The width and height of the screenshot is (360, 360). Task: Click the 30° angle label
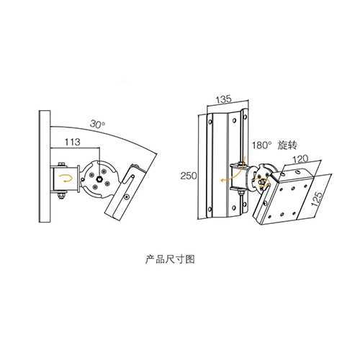tap(98, 125)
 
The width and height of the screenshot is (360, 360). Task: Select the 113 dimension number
tap(72, 142)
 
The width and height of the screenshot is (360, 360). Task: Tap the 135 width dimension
tap(223, 99)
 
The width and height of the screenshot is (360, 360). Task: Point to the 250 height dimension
tap(189, 176)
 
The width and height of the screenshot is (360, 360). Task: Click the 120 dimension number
tap(300, 159)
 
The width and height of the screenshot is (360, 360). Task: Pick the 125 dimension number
tap(317, 199)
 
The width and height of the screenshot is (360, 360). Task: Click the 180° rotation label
tap(261, 145)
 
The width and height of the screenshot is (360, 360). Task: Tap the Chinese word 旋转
tap(287, 145)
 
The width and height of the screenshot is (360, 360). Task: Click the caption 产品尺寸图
tap(170, 259)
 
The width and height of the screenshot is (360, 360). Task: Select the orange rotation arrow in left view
tap(66, 179)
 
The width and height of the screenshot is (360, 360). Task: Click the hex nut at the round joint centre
tap(99, 179)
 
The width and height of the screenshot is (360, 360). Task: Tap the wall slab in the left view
tap(45, 166)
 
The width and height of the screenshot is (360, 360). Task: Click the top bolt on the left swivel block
tap(62, 164)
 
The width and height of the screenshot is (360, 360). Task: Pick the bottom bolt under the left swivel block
tap(62, 195)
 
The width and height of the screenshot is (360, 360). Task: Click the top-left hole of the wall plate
tap(210, 122)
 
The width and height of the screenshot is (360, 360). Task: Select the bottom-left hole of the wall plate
tap(210, 209)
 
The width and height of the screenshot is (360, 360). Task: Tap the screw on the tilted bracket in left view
tap(127, 197)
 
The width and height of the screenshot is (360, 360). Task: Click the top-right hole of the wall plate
tap(245, 117)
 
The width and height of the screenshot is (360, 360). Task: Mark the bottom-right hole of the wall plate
tap(244, 204)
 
